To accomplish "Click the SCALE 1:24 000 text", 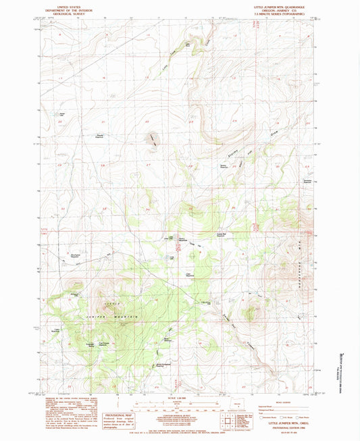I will [x=174, y=398].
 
